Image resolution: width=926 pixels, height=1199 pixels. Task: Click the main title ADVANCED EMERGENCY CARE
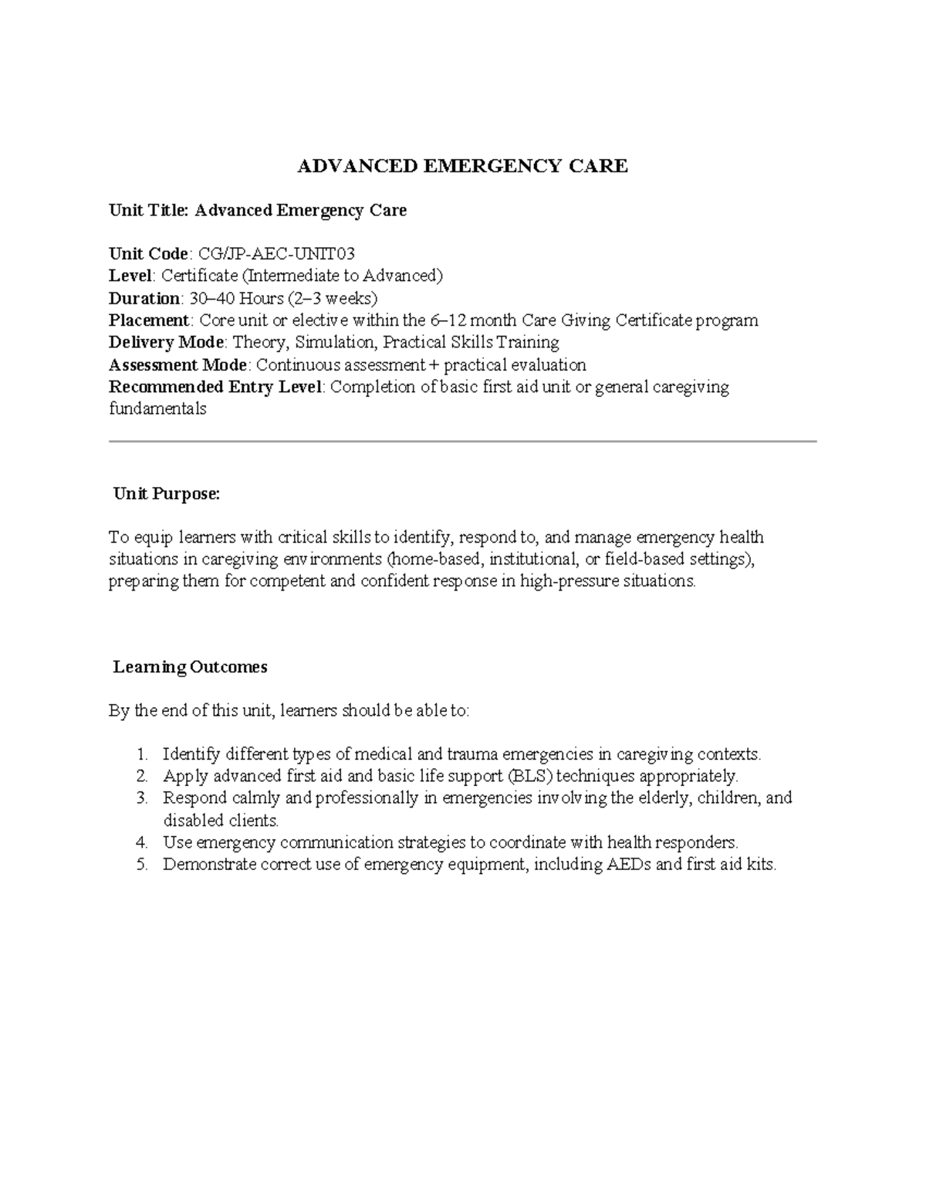click(x=463, y=166)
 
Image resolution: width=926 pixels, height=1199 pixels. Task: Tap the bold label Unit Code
click(x=148, y=254)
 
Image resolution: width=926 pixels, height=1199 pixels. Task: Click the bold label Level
click(x=131, y=276)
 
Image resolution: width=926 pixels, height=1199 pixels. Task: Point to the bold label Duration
click(x=144, y=298)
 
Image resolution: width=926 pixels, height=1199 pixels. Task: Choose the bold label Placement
click(x=149, y=320)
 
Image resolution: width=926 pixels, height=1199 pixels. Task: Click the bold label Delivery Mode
click(x=166, y=342)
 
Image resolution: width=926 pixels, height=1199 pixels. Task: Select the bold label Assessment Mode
click(x=177, y=364)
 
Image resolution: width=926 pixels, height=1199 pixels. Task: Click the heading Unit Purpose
click(x=167, y=494)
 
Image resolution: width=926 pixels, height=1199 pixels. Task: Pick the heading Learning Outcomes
click(x=190, y=667)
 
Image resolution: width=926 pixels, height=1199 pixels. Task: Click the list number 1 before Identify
click(x=140, y=754)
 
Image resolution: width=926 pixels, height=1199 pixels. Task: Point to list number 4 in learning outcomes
click(x=140, y=842)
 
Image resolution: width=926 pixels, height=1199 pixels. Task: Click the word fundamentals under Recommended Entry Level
click(x=157, y=409)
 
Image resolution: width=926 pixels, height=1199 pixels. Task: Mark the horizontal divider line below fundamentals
click(x=463, y=442)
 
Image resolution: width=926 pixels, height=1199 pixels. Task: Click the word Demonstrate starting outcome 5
click(x=209, y=865)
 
